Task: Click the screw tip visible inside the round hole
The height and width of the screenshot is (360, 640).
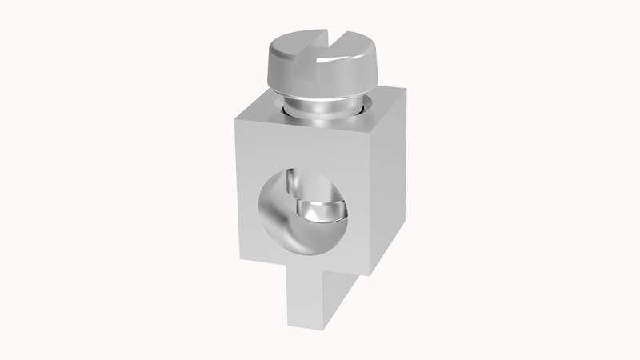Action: coord(322,212)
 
